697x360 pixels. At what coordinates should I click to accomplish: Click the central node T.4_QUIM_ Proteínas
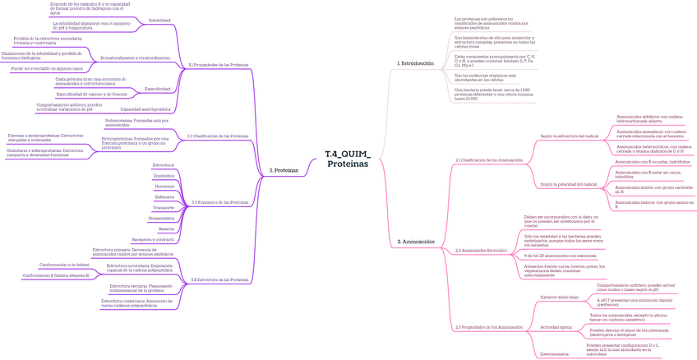[x=348, y=159]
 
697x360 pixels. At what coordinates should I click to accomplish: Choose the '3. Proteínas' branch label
[x=284, y=170]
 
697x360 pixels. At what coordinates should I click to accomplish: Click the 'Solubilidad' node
[x=159, y=20]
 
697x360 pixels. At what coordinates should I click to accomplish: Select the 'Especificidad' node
[x=158, y=88]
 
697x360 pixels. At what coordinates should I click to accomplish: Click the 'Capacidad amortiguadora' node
[x=145, y=108]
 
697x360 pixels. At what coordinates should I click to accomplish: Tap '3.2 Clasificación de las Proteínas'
[x=218, y=136]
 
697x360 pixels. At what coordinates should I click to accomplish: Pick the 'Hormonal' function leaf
[x=164, y=187]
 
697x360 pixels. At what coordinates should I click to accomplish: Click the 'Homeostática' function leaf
[x=161, y=218]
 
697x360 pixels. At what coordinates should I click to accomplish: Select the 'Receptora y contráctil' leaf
[x=154, y=238]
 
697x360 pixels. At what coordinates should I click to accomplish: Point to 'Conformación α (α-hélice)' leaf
[x=65, y=265]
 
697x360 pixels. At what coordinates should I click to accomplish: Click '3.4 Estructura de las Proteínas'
[x=219, y=279]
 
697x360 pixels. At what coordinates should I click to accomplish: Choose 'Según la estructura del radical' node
[x=569, y=136]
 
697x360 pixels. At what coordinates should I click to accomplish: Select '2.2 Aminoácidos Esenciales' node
[x=481, y=250]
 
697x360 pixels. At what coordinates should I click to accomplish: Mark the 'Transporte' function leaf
[x=164, y=207]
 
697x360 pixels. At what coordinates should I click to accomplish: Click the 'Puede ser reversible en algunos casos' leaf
[x=47, y=68]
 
